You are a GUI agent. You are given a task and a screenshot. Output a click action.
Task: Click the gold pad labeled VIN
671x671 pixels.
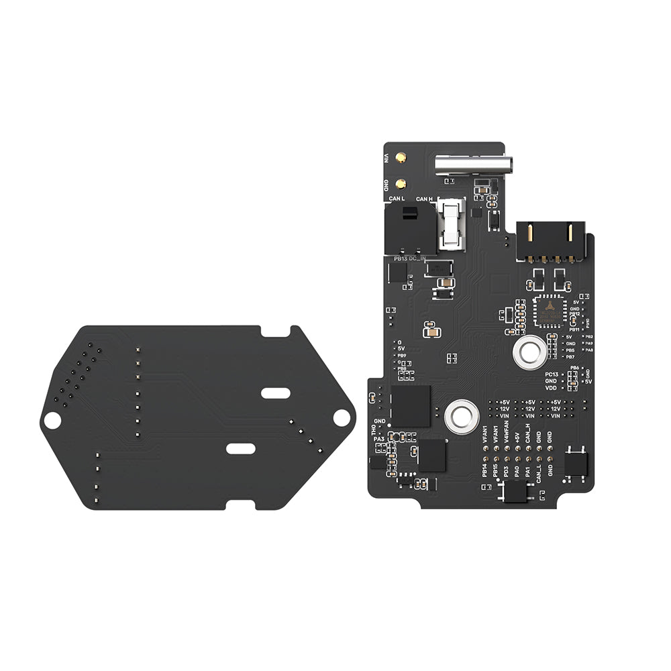click(x=400, y=159)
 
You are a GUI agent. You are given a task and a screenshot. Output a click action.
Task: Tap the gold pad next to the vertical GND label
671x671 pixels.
click(x=400, y=183)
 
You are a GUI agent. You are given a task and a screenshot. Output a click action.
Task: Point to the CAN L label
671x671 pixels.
click(x=397, y=199)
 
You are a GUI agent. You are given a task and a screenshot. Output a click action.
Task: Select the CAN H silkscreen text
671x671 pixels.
click(x=424, y=199)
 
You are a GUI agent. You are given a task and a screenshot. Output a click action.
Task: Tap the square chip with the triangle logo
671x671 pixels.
click(x=550, y=310)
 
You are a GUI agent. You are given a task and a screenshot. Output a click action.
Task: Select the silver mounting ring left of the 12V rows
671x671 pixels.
click(x=461, y=416)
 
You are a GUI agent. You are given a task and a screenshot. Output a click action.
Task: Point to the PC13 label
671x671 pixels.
click(x=552, y=374)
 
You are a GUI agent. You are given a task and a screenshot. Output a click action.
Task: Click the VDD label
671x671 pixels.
click(x=551, y=388)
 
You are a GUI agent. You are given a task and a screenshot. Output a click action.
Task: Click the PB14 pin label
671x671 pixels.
click(x=484, y=469)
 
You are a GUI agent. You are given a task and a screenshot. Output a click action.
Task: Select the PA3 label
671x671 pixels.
click(x=379, y=439)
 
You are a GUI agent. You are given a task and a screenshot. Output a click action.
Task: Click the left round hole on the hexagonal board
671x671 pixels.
click(x=52, y=420)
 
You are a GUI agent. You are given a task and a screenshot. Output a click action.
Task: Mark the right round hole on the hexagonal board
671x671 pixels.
click(x=344, y=417)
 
